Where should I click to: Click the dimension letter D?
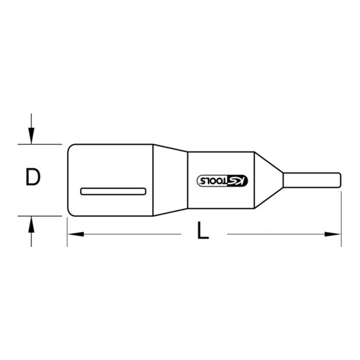[x=31, y=177]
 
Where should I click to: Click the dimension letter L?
[x=204, y=234]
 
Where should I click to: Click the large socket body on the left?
[x=110, y=165]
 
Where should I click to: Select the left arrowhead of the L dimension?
[x=72, y=234]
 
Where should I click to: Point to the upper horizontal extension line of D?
[x=44, y=143]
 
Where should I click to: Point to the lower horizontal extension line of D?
[x=44, y=217]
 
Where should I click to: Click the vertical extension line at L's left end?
[x=67, y=228]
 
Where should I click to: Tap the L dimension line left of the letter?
[x=132, y=234]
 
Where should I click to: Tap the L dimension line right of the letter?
[x=279, y=234]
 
